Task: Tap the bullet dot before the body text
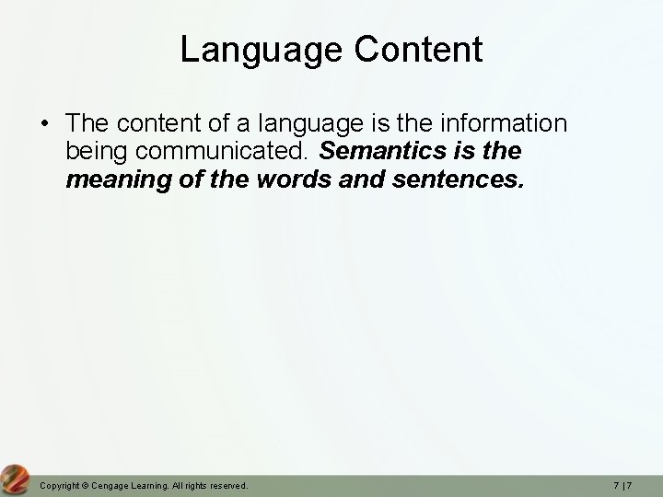point(44,122)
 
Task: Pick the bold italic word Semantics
point(381,149)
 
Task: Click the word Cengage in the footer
point(110,484)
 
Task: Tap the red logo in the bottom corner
point(15,479)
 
